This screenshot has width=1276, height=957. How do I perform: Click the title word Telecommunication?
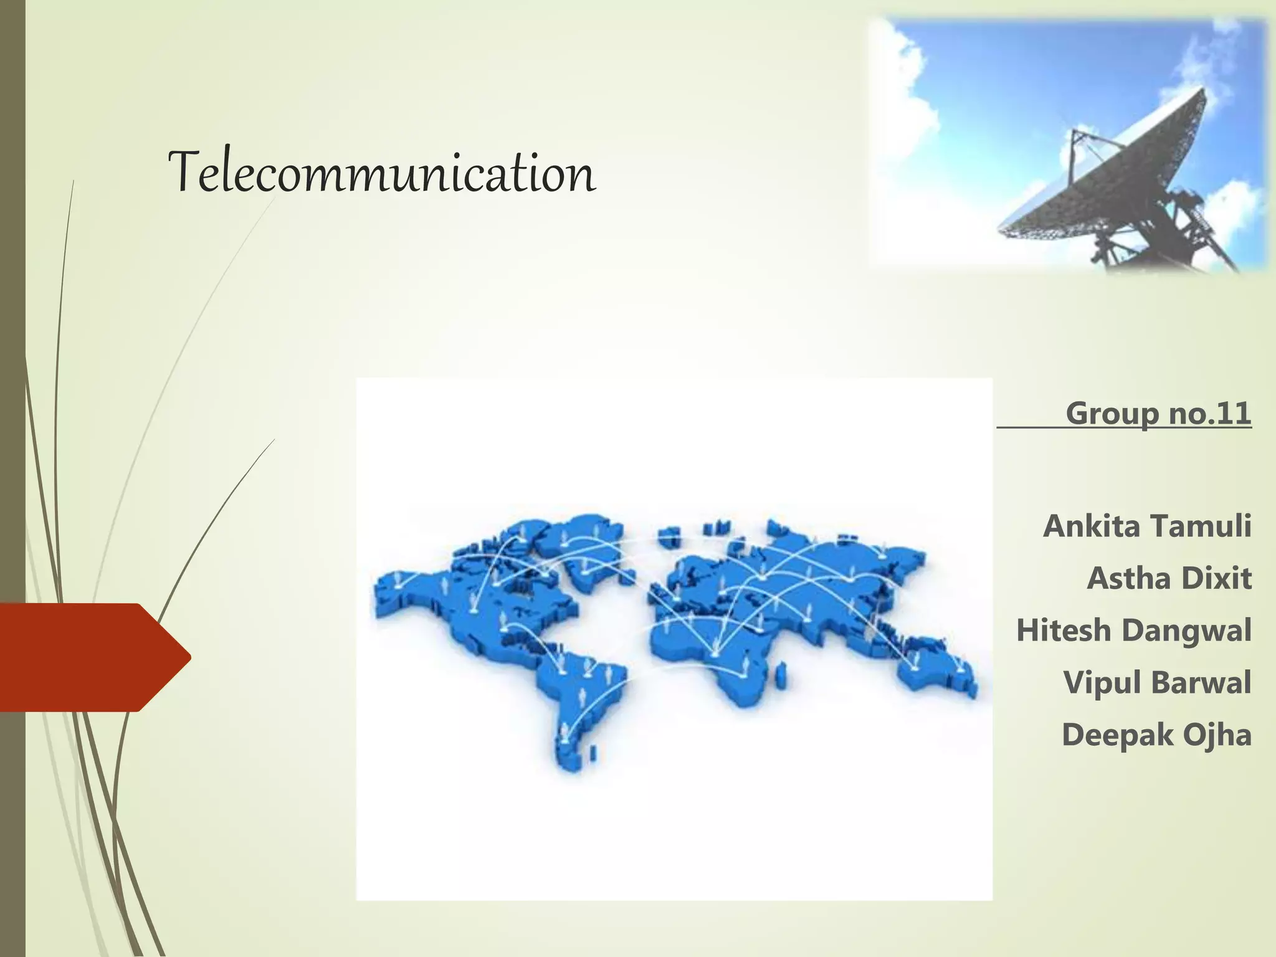381,173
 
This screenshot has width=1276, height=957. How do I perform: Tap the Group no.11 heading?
1158,413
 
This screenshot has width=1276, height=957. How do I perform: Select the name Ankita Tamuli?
1147,526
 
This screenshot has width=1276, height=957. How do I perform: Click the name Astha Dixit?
1169,578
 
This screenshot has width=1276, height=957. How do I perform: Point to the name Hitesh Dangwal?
1133,631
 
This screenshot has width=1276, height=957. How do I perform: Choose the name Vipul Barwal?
1157,683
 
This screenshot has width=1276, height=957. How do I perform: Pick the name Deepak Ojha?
1156,735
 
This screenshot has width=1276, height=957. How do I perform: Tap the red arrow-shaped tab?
93,657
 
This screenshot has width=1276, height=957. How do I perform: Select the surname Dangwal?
1187,631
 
